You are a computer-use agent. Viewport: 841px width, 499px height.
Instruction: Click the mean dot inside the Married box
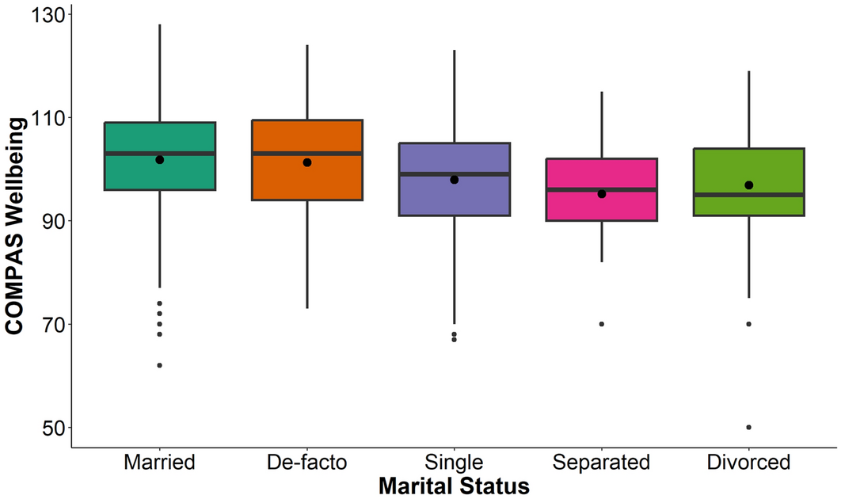(160, 159)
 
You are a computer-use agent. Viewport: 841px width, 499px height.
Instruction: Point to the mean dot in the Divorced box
(749, 185)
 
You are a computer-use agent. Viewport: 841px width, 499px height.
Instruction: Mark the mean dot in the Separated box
(602, 193)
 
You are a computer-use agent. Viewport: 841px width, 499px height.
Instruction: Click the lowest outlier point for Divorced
(749, 427)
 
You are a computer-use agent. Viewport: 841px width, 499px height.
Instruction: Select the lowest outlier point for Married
(160, 365)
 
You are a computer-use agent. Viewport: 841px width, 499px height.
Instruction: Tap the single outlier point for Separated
(602, 324)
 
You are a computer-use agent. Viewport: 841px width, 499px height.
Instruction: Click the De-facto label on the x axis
(307, 462)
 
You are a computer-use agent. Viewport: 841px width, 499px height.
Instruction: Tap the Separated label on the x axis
(602, 462)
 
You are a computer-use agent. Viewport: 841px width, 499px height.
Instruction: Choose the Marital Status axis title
(454, 485)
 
